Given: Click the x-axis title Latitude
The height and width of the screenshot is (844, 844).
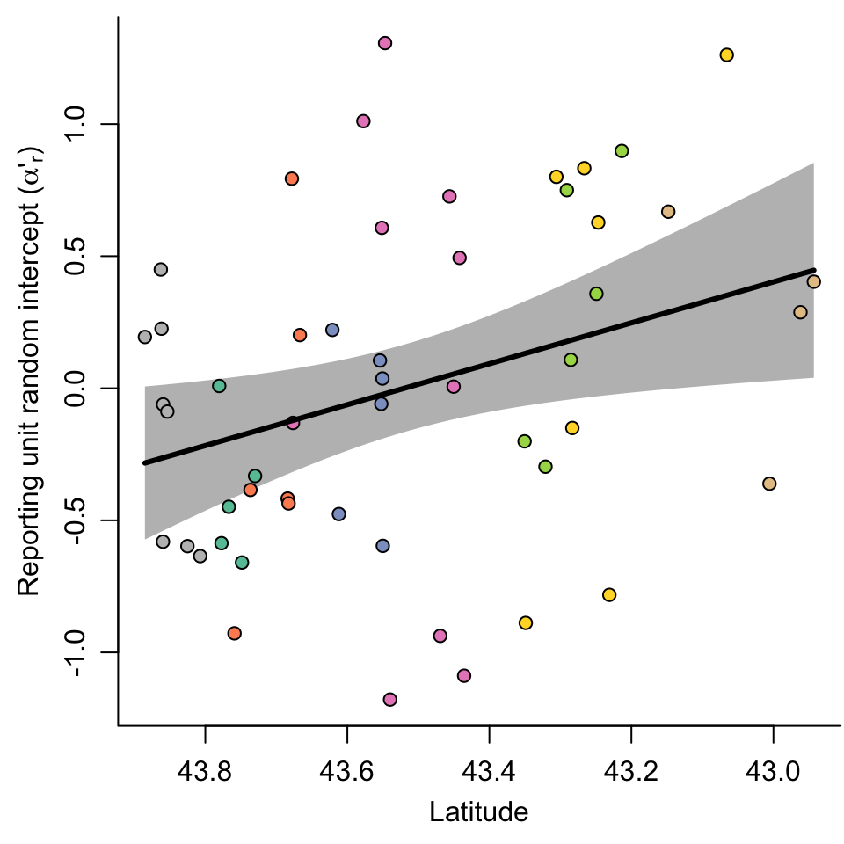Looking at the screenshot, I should [x=478, y=811].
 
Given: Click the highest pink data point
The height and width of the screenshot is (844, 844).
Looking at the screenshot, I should [x=385, y=43].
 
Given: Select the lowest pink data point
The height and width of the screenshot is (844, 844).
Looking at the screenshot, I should [x=390, y=700].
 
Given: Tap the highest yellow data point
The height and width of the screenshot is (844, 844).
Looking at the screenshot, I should [x=726, y=55].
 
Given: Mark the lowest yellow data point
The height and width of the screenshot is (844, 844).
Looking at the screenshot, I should [x=526, y=623].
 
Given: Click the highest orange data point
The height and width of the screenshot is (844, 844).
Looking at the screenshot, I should [x=292, y=178].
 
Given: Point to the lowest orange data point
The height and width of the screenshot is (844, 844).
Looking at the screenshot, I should [x=234, y=633].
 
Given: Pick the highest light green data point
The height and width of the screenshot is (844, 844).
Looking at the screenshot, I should [x=622, y=151].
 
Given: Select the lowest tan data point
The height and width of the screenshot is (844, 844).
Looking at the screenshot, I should [x=769, y=484].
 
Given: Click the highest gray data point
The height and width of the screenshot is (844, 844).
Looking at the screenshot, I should [x=161, y=269].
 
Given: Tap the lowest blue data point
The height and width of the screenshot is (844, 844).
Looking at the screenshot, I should [x=382, y=546].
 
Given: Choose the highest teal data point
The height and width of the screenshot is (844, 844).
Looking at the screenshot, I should [x=219, y=386].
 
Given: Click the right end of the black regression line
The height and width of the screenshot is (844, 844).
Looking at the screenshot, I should [x=814, y=271].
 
